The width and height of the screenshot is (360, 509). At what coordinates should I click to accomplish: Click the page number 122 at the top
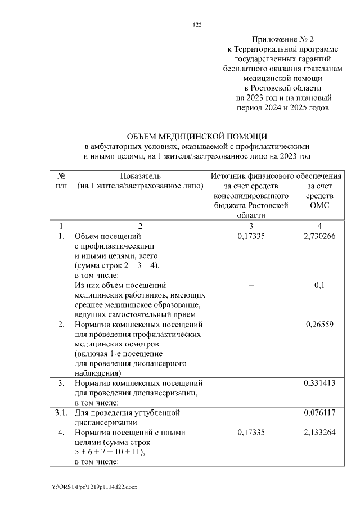(197, 25)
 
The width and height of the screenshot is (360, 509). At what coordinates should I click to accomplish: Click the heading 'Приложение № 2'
(283, 39)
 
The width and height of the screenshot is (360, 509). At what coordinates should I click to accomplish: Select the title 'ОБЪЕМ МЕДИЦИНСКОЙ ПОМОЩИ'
(197, 137)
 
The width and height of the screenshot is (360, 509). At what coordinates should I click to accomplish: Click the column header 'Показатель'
(140, 176)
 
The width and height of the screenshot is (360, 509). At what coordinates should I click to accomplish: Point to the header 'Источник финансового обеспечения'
(276, 176)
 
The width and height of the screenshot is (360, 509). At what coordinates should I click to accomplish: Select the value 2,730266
(319, 236)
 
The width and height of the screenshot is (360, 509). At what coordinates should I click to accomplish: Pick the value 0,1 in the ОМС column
(319, 285)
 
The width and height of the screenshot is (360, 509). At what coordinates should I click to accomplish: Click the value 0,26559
(319, 325)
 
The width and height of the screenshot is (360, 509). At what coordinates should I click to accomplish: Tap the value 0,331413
(319, 384)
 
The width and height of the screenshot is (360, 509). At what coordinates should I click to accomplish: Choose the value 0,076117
(319, 413)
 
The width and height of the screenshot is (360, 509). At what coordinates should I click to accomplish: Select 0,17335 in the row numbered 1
(251, 236)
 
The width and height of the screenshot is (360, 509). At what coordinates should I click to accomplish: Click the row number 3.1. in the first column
(62, 413)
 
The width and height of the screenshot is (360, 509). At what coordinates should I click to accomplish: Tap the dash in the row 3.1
(251, 413)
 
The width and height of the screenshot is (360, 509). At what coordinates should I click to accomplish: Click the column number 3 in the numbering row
(251, 226)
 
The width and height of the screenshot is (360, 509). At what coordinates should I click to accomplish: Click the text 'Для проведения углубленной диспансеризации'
(127, 417)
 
